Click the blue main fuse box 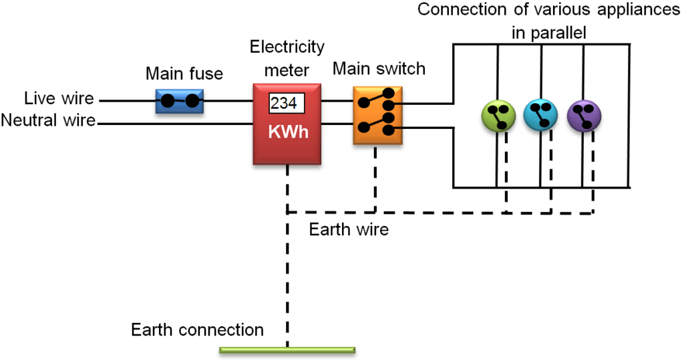pyautogui.click(x=179, y=102)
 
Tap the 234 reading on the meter pyautogui.click(x=286, y=104)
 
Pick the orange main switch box pyautogui.click(x=377, y=114)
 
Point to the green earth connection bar pyautogui.click(x=287, y=350)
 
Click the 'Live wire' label pyautogui.click(x=58, y=100)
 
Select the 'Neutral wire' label pyautogui.click(x=48, y=121)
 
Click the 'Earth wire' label pyautogui.click(x=349, y=230)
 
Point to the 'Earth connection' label pyautogui.click(x=197, y=330)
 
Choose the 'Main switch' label pyautogui.click(x=378, y=69)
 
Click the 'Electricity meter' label pyautogui.click(x=287, y=58)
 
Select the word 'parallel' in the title pyautogui.click(x=559, y=32)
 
